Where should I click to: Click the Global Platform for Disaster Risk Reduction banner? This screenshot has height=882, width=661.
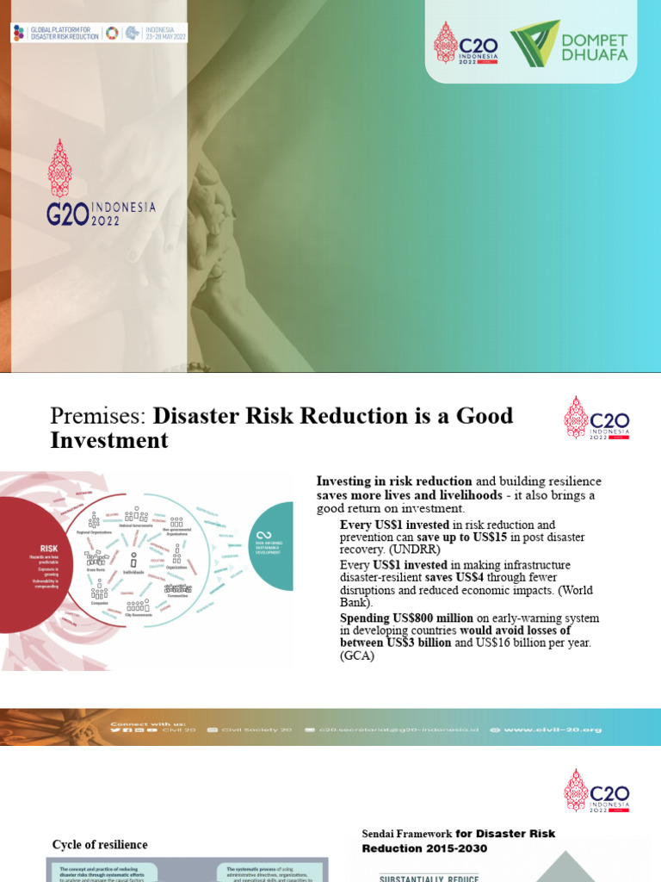pos(99,34)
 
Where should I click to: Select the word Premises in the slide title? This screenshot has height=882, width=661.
pos(99,416)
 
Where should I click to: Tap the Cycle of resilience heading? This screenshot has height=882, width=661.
pos(100,844)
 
